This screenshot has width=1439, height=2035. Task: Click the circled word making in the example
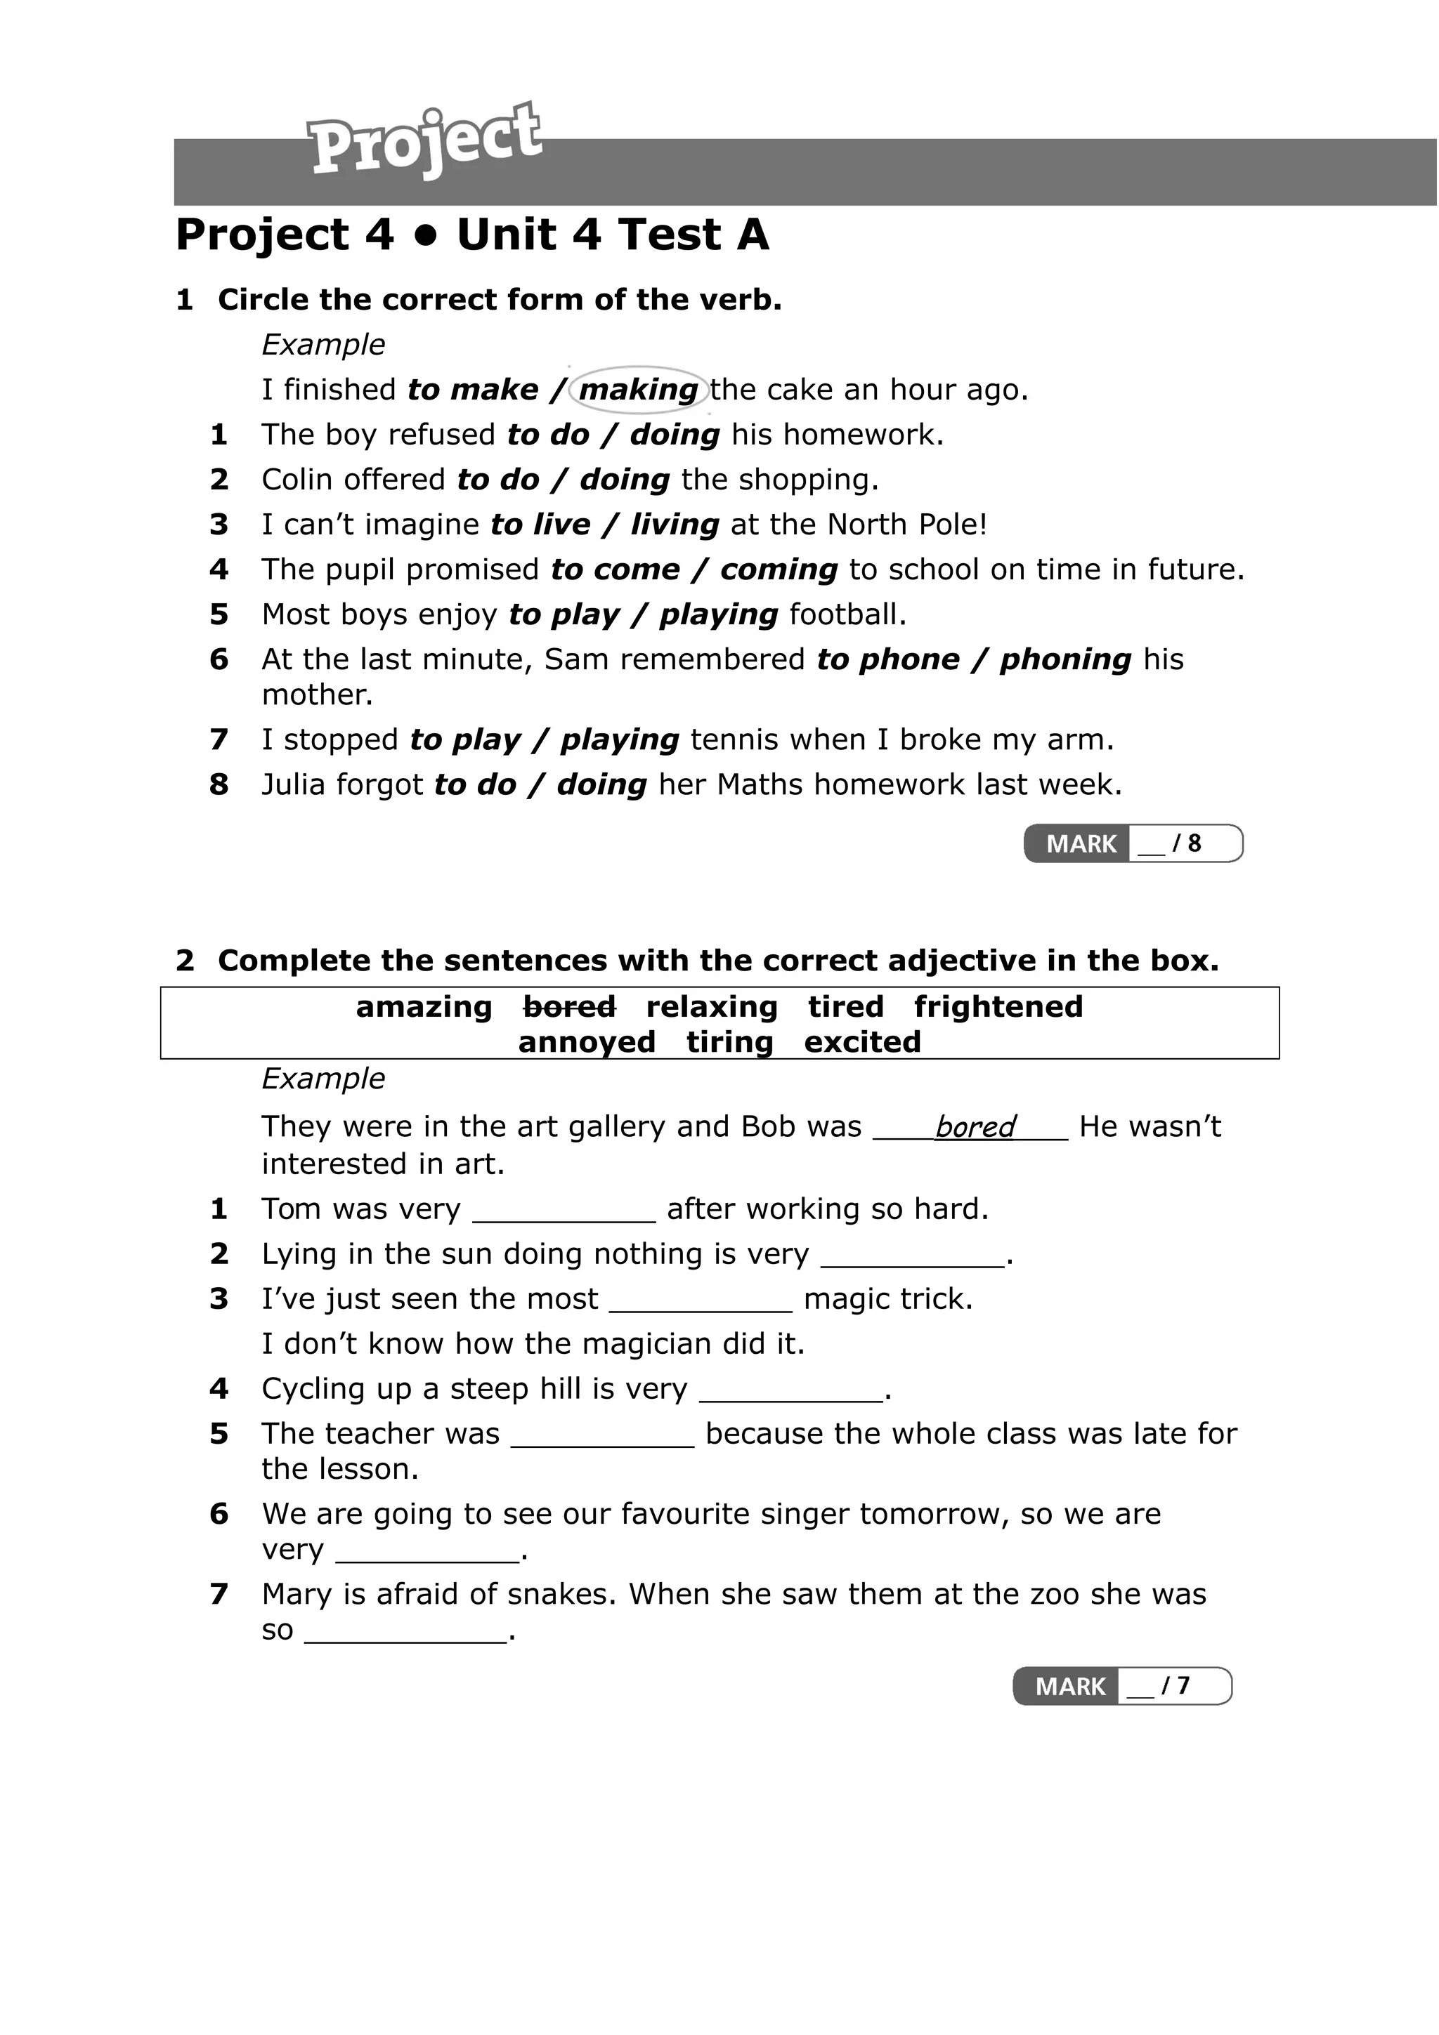pos(639,390)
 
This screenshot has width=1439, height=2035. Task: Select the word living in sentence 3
pos(675,525)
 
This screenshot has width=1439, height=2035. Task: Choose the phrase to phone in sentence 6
pos(887,659)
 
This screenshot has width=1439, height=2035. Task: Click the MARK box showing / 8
pos(1133,843)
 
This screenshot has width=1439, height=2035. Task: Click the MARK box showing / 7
pos(1123,1686)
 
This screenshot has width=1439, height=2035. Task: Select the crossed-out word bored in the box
pos(569,1007)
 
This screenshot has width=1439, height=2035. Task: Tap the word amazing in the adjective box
pos(424,1007)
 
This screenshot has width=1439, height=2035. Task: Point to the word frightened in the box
pos(998,1007)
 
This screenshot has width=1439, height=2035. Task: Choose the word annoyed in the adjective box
pos(587,1042)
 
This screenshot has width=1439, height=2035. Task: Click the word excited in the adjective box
pos(863,1042)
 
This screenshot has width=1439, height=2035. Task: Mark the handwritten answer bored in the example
pos(975,1126)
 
